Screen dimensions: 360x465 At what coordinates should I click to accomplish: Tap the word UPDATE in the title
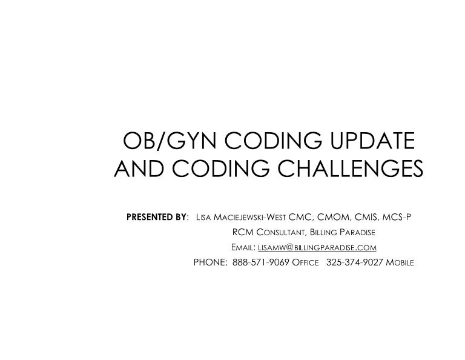click(366, 141)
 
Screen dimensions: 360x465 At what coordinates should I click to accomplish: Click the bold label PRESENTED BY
click(156, 216)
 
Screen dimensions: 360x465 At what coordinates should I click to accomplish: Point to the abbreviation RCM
click(242, 232)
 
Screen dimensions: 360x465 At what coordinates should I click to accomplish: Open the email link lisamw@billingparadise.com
click(318, 248)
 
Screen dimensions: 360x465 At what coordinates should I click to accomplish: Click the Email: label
click(243, 248)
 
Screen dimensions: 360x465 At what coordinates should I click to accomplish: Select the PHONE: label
click(210, 264)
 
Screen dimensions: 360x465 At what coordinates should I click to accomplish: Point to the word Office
click(305, 264)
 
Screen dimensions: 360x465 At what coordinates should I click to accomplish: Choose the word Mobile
click(400, 264)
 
